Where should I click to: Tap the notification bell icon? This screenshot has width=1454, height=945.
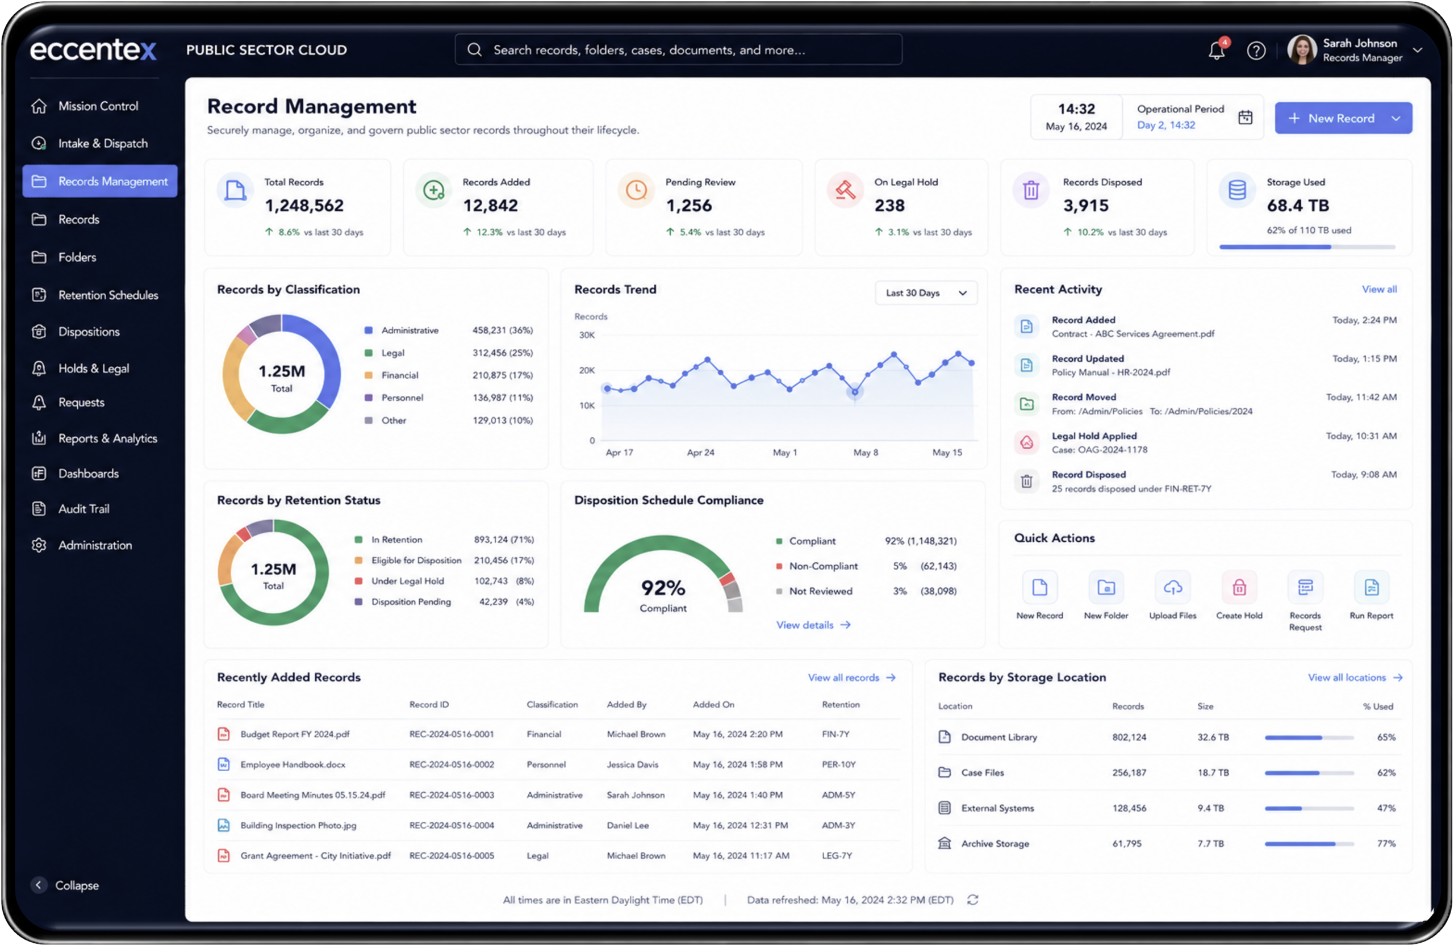pyautogui.click(x=1217, y=50)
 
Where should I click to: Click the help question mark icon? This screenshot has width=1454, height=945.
pyautogui.click(x=1255, y=50)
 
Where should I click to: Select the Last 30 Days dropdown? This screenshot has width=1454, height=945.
pyautogui.click(x=926, y=292)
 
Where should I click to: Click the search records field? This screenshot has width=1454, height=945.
pyautogui.click(x=678, y=49)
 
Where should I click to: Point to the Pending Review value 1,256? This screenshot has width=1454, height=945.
pyautogui.click(x=688, y=205)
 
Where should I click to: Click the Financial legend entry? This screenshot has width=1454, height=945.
pyautogui.click(x=399, y=375)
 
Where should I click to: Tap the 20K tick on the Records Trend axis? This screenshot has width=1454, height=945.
pyautogui.click(x=587, y=370)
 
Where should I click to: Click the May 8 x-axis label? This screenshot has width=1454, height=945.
pyautogui.click(x=866, y=453)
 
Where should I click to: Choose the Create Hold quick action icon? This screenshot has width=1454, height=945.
pyautogui.click(x=1238, y=587)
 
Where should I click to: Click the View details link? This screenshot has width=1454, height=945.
pyautogui.click(x=813, y=625)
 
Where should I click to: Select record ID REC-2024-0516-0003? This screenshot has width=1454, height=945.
pyautogui.click(x=452, y=795)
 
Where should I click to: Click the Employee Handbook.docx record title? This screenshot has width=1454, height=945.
pyautogui.click(x=293, y=764)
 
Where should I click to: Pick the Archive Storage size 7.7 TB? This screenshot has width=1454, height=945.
pyautogui.click(x=1210, y=843)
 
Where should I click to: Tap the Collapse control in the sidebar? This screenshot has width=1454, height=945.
pyautogui.click(x=65, y=885)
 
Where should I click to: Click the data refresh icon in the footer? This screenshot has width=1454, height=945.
pyautogui.click(x=972, y=900)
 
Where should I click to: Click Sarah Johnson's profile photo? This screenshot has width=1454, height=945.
pyautogui.click(x=1302, y=49)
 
